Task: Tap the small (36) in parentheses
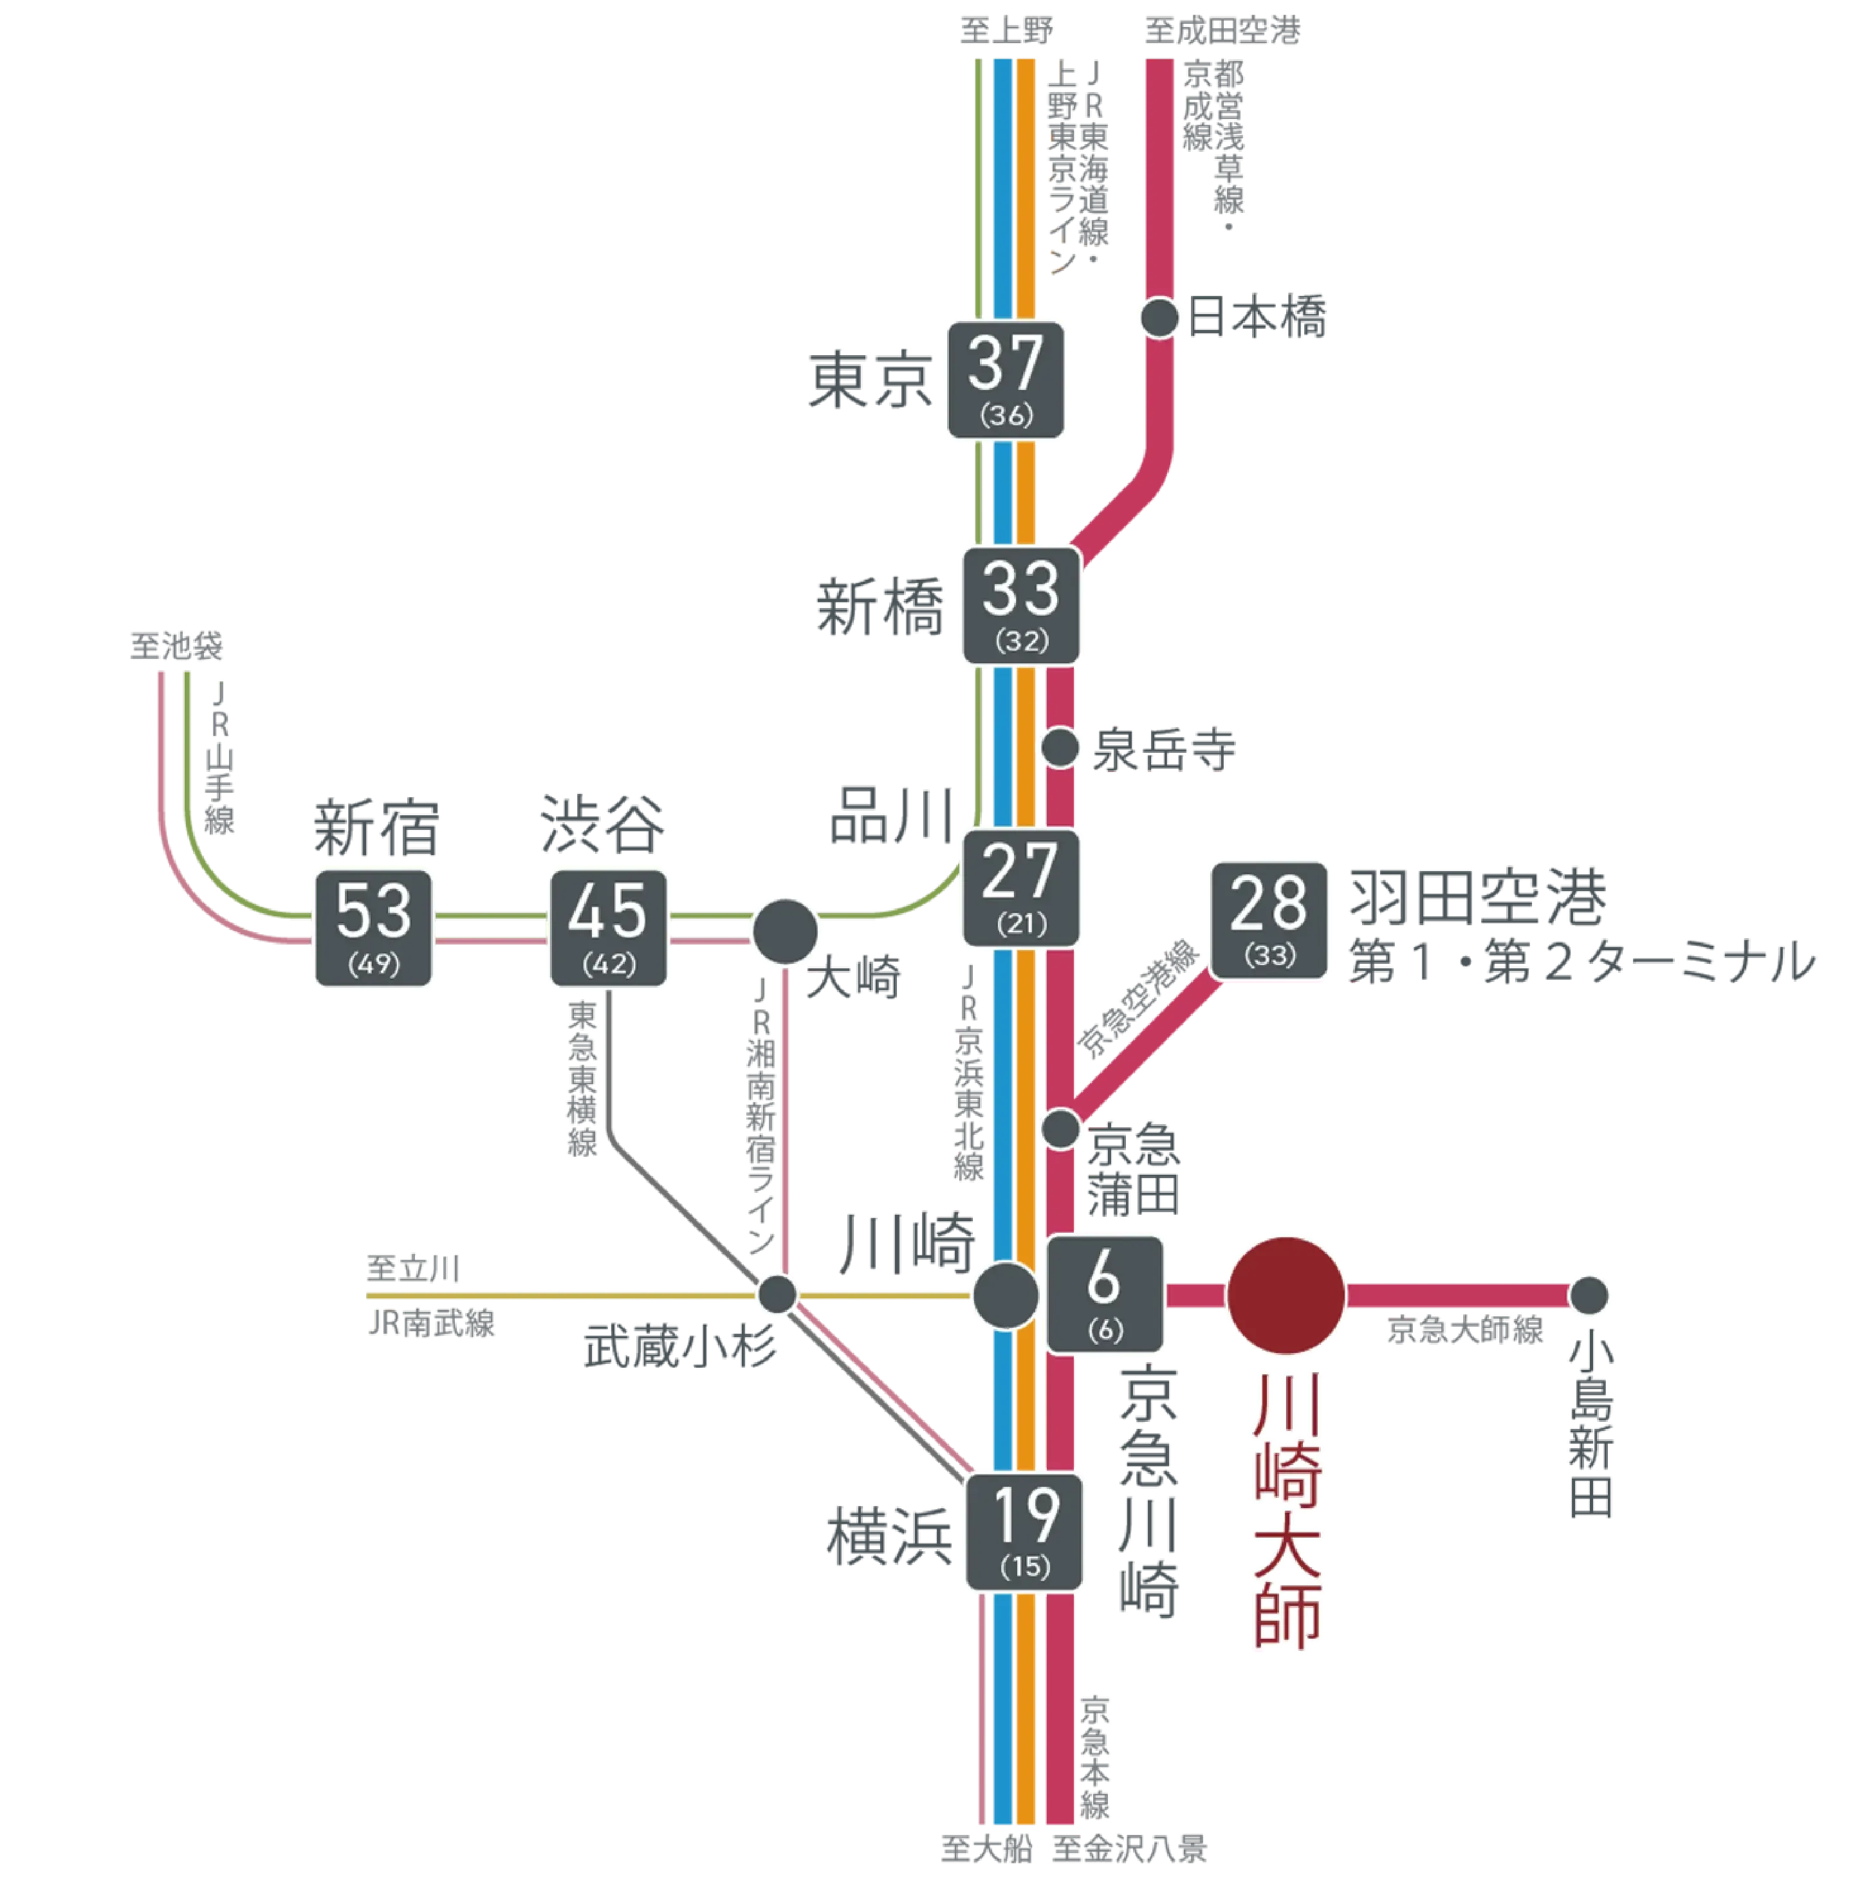[x=1006, y=416]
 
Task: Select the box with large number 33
[x=1021, y=605]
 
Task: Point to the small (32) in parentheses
[x=1022, y=641]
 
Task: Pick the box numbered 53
[x=374, y=928]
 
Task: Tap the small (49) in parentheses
[x=374, y=964]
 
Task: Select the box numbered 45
[x=609, y=928]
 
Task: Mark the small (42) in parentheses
[x=609, y=964]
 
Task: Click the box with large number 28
[x=1269, y=919]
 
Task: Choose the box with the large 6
[x=1105, y=1295]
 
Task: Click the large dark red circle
[x=1286, y=1295]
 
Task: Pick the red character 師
[x=1286, y=1616]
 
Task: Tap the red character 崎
[x=1286, y=1475]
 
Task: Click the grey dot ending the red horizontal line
[x=1589, y=1295]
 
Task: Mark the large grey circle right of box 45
[x=786, y=932]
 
